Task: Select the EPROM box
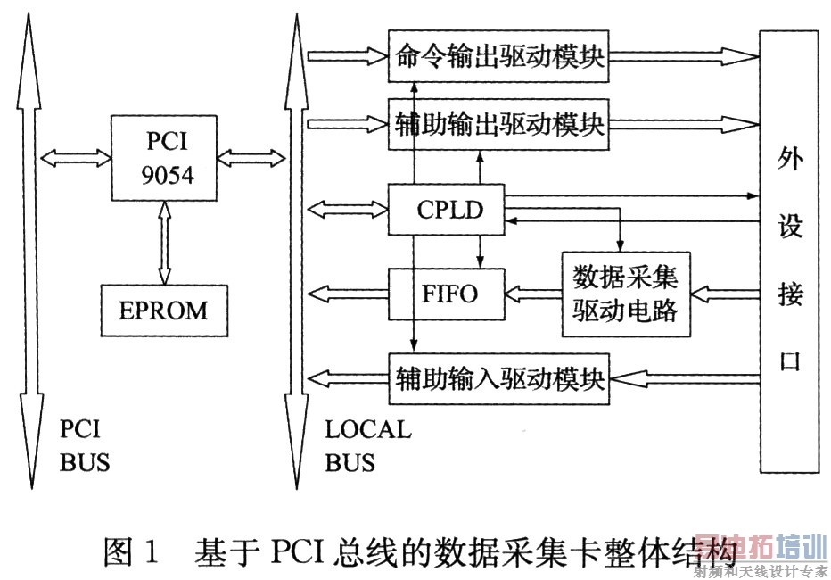point(163,311)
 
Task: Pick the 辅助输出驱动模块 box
point(498,124)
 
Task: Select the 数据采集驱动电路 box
point(625,293)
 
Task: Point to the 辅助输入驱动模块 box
point(498,379)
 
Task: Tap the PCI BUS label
point(86,446)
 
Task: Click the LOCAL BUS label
point(367,446)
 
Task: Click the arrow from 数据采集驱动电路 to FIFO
point(532,293)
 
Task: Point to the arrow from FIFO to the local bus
point(348,293)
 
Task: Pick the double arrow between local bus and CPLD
point(348,211)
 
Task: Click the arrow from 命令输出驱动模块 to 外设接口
point(681,57)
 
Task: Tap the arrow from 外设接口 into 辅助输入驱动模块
point(683,378)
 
